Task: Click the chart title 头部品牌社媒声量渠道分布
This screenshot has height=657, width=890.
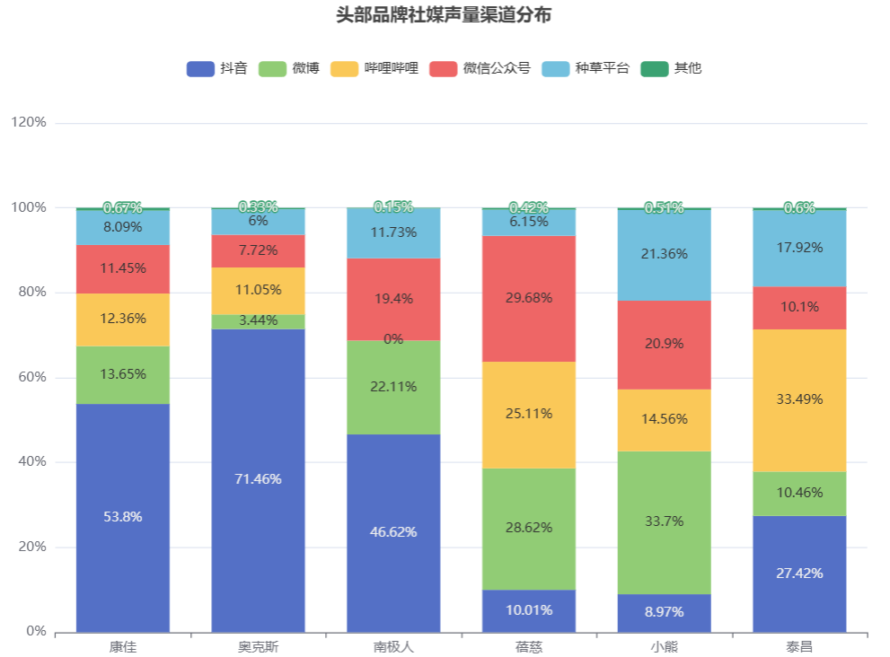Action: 444,15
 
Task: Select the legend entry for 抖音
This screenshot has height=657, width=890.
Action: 216,68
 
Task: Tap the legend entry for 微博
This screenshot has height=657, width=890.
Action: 288,68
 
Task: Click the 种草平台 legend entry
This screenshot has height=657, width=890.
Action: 586,68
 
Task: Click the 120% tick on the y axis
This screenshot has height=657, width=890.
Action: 29,123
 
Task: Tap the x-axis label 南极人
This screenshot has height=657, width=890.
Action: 393,646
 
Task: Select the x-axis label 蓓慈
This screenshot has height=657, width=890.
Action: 529,646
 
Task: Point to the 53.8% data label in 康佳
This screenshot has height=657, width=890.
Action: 123,517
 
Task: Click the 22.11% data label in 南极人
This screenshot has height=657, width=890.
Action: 393,387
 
